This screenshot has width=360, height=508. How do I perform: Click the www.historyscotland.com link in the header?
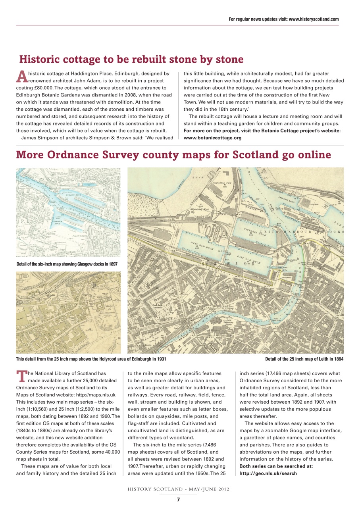pyautogui.click(x=314, y=19)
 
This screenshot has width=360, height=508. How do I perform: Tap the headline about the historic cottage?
pyautogui.click(x=131, y=60)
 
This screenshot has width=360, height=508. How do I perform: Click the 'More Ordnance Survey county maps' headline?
pyautogui.click(x=173, y=154)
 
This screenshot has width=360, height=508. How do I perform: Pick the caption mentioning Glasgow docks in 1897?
pyautogui.click(x=67, y=264)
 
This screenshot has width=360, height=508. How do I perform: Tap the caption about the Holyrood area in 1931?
pyautogui.click(x=91, y=359)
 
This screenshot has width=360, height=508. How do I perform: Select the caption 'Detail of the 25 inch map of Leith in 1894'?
pyautogui.click(x=304, y=359)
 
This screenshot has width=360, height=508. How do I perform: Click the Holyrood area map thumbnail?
pyautogui.click(x=68, y=312)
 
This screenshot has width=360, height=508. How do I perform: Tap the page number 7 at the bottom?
pyautogui.click(x=178, y=500)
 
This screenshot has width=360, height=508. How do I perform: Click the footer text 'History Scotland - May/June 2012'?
pyautogui.click(x=178, y=489)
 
